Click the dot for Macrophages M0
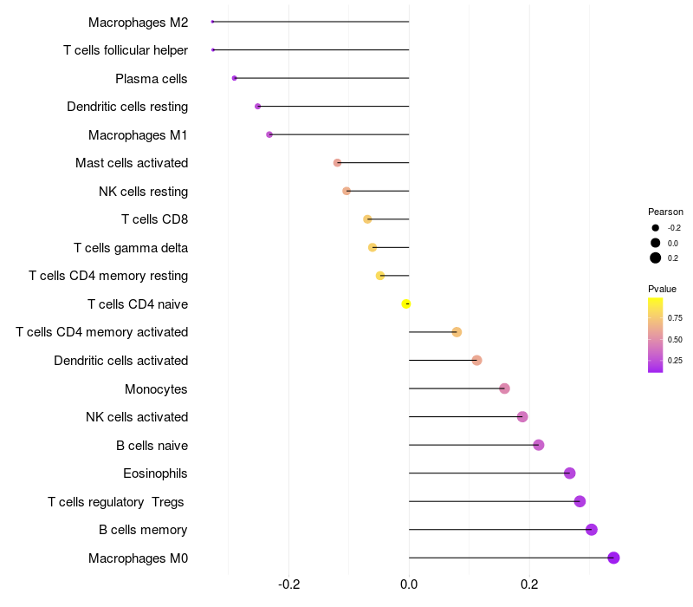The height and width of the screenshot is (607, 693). pyautogui.click(x=613, y=558)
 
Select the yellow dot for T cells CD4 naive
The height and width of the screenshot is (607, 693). pyautogui.click(x=406, y=303)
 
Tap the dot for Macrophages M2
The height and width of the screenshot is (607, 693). pyautogui.click(x=212, y=22)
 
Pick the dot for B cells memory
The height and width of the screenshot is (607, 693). pyautogui.click(x=592, y=530)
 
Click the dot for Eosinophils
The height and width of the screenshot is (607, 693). pyautogui.click(x=569, y=473)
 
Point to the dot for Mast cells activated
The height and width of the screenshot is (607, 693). pyautogui.click(x=338, y=163)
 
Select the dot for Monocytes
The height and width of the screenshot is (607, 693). pyautogui.click(x=505, y=388)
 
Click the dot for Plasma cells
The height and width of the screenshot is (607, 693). pyautogui.click(x=235, y=78)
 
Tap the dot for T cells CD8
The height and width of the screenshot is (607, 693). pyautogui.click(x=367, y=219)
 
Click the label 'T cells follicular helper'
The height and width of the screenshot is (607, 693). pyautogui.click(x=126, y=50)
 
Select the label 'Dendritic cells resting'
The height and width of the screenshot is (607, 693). pyautogui.click(x=127, y=107)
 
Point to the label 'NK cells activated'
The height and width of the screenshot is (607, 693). pyautogui.click(x=137, y=417)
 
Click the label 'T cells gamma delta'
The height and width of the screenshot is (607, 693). pyautogui.click(x=131, y=248)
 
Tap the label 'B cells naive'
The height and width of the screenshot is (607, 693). pyautogui.click(x=152, y=446)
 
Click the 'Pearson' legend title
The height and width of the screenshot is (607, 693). pyautogui.click(x=665, y=212)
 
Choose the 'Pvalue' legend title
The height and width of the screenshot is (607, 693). pyautogui.click(x=663, y=289)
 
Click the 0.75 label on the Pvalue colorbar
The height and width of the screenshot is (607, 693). pyautogui.click(x=675, y=318)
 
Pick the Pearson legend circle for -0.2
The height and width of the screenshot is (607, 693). pyautogui.click(x=656, y=227)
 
